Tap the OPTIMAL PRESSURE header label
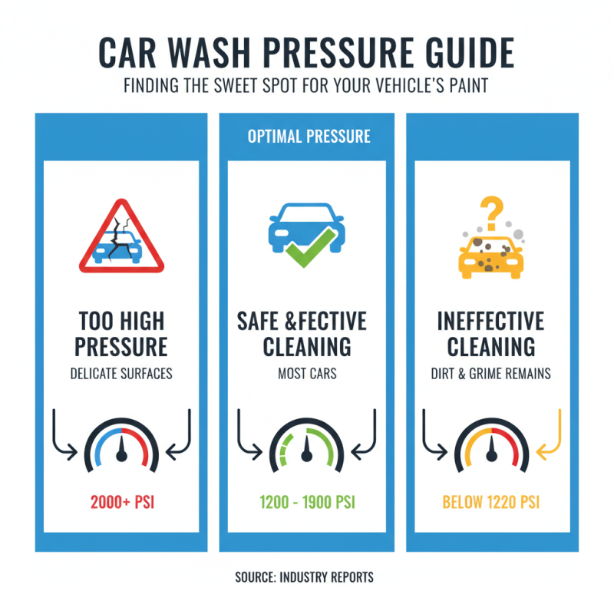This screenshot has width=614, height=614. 309,137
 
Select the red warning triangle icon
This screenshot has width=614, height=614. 121,237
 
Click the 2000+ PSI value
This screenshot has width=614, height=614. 120,503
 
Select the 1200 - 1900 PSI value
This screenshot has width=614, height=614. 307,503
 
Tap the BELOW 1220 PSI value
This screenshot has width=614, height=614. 491,503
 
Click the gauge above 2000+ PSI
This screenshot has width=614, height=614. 120,449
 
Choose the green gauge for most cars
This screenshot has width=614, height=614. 307,449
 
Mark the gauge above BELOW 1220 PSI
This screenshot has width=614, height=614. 491,449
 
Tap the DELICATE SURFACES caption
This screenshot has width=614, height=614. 120,375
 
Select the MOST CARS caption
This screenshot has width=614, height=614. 307,375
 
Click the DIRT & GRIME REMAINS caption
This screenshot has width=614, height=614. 491,375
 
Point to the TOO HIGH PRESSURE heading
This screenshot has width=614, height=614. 120,333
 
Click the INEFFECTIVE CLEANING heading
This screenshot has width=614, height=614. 491,333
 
